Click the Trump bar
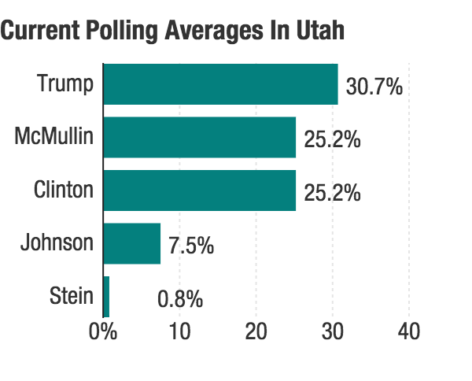point(220,84)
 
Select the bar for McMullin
point(199,138)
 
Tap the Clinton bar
point(199,190)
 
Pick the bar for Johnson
point(131,243)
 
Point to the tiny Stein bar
point(106,297)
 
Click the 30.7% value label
point(374,87)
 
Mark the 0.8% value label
point(180,299)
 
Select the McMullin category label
point(53,137)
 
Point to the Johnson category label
point(57,242)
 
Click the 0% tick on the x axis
point(103,331)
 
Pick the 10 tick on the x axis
point(179,331)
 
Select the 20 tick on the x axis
point(256,331)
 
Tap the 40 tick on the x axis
point(408,331)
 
